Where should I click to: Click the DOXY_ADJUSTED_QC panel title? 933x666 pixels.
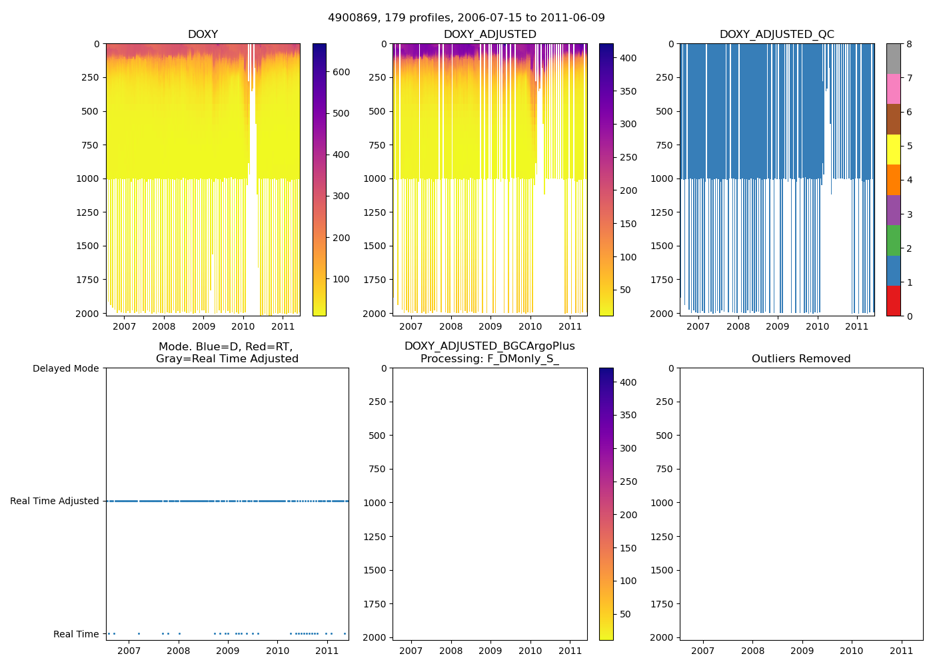tap(776, 35)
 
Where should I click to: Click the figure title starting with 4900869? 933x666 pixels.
tap(467, 18)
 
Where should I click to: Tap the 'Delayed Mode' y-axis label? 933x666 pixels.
tap(65, 368)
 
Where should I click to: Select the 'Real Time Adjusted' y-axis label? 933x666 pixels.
tap(54, 501)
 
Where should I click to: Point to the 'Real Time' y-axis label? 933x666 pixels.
tap(76, 634)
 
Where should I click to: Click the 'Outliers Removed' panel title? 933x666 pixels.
tap(801, 359)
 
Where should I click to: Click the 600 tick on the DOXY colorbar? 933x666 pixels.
tap(341, 72)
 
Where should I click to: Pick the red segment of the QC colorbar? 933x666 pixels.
tap(893, 301)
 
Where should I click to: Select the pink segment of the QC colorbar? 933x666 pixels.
tap(893, 89)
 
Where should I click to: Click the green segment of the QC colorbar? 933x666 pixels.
tap(893, 240)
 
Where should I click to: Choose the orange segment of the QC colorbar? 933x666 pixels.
tap(893, 180)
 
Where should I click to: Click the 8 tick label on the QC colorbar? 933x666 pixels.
tap(910, 44)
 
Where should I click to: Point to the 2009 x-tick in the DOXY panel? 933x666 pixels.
tap(203, 326)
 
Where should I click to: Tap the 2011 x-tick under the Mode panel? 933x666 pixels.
tap(327, 651)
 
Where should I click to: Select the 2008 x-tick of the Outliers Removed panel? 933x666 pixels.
tap(752, 651)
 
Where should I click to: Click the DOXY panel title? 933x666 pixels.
tap(203, 35)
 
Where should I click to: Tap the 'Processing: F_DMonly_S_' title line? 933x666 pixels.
tap(490, 359)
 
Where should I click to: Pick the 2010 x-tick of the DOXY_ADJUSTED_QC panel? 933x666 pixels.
tap(817, 326)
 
